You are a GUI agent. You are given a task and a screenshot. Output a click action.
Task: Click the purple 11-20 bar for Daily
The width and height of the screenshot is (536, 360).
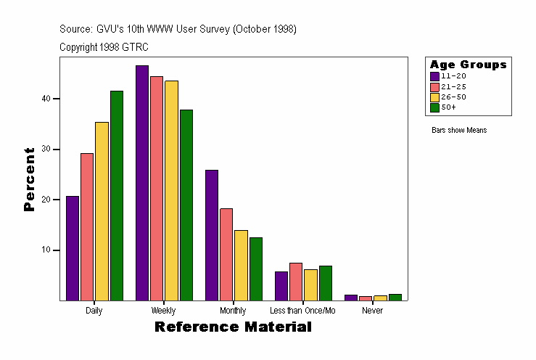coord(72,248)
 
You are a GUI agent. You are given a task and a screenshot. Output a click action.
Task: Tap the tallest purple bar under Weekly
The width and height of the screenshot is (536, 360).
coord(141,183)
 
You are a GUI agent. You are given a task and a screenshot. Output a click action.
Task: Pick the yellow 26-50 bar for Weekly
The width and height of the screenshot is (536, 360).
coord(171,190)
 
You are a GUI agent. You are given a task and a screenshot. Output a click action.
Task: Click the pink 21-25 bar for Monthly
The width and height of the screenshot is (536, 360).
coord(226,254)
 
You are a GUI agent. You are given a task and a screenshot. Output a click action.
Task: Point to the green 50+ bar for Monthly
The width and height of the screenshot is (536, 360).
coord(255,269)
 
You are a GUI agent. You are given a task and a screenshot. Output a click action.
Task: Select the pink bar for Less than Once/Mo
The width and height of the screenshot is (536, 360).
coord(296,282)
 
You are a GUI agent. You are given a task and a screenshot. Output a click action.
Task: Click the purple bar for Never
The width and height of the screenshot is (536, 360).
coord(351,297)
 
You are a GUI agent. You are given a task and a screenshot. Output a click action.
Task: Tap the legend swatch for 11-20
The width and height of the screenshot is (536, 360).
coord(434,75)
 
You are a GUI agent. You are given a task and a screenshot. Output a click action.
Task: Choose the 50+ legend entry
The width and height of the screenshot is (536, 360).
coord(448,107)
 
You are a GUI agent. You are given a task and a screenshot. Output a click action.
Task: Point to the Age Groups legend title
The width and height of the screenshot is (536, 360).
coord(468,65)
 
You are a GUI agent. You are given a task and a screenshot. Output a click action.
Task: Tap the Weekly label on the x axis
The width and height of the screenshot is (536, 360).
coord(163,310)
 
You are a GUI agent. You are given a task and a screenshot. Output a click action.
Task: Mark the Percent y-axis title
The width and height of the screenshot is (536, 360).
coord(29,179)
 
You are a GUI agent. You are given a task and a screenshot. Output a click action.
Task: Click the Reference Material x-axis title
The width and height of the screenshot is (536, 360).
coord(233,327)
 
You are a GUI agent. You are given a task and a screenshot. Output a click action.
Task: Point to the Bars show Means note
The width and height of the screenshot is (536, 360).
coord(458,130)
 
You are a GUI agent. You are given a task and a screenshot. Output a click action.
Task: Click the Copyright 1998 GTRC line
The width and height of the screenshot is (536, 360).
coord(104,47)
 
